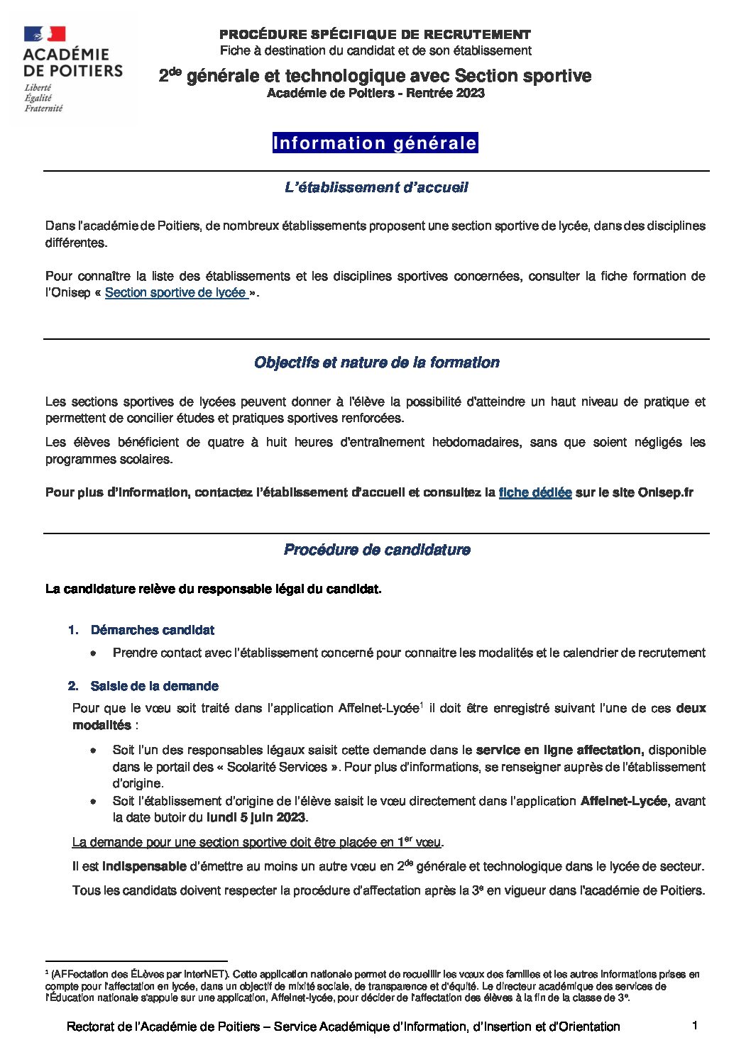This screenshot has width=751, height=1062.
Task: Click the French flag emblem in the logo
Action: click(x=44, y=33)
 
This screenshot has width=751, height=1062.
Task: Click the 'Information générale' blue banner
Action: click(x=375, y=143)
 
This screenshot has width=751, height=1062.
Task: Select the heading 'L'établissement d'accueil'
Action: click(x=375, y=188)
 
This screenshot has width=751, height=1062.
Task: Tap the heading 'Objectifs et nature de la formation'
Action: click(x=376, y=363)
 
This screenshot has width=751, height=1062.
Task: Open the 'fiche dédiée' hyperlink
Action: click(x=535, y=492)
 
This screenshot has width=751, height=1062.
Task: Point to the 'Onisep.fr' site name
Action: click(x=665, y=492)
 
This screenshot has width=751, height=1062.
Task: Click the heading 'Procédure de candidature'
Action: click(x=376, y=550)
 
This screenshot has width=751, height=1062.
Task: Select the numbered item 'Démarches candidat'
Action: click(x=152, y=630)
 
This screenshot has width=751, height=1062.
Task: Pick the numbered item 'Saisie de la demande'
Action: click(x=154, y=686)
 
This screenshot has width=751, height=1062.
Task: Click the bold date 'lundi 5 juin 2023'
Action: click(x=256, y=817)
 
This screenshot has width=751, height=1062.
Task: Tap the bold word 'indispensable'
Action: click(x=144, y=866)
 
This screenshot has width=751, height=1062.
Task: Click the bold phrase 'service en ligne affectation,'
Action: click(x=559, y=750)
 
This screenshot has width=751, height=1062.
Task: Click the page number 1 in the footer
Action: click(x=695, y=1025)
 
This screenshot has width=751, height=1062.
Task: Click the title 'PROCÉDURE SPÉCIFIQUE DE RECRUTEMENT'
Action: click(x=375, y=34)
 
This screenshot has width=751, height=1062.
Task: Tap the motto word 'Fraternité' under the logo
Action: click(x=43, y=109)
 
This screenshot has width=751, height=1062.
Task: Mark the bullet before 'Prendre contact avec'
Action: click(x=93, y=653)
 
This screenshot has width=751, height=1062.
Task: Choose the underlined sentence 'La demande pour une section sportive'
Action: click(x=258, y=843)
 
